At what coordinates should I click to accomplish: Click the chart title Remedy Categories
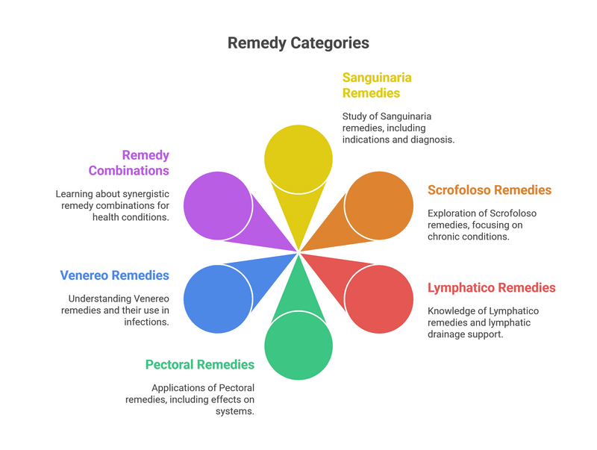tap(298, 43)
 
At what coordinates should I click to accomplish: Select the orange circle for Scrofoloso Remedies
tap(379, 205)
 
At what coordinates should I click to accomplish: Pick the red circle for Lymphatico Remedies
tap(379, 299)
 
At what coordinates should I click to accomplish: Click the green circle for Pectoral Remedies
tap(298, 346)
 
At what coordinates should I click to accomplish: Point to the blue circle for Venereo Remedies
tap(217, 299)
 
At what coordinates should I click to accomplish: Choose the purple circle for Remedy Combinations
tap(217, 205)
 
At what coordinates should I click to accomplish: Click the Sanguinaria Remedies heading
tap(377, 85)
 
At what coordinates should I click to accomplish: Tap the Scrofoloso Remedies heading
tap(489, 190)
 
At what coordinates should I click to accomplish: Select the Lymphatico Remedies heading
tap(491, 287)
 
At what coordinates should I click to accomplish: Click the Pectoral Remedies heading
tap(200, 365)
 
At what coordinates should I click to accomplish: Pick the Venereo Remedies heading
tap(114, 275)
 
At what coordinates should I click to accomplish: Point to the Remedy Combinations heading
tap(129, 163)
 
